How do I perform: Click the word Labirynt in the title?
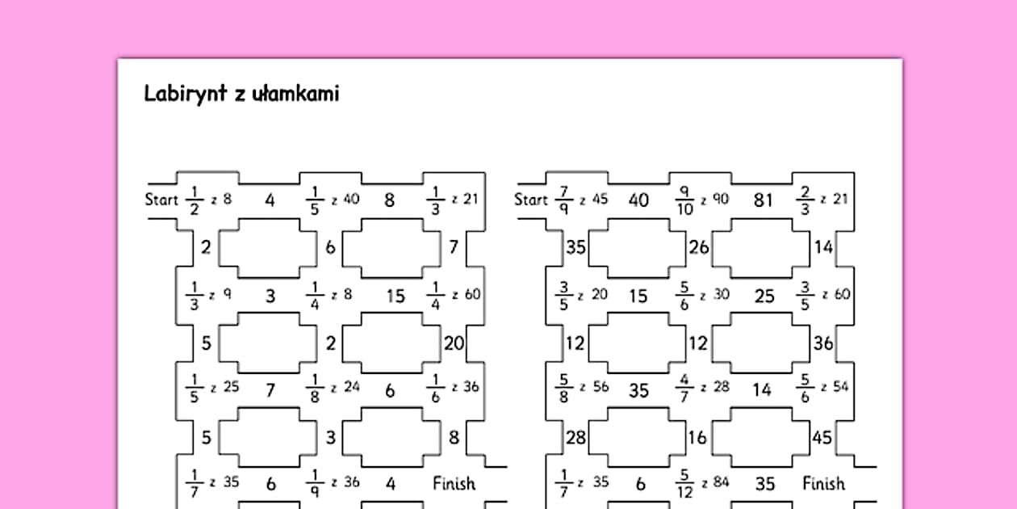186,94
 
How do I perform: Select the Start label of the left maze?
161,200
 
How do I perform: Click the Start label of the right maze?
531,200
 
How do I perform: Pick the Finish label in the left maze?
454,483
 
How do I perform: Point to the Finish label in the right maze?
823,483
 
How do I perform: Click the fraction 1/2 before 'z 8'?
195,200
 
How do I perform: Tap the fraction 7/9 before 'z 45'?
564,200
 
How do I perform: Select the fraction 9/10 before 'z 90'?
684,200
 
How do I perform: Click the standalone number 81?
763,200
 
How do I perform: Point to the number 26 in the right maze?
699,248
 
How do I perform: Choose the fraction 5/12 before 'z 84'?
684,484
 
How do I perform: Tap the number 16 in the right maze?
698,438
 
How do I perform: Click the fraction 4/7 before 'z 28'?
684,388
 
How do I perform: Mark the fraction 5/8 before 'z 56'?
564,389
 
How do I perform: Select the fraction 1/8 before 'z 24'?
315,389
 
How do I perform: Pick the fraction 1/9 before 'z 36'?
315,484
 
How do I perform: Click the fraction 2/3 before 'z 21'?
805,200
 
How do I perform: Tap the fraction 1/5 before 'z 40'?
315,200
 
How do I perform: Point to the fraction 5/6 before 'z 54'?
805,389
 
